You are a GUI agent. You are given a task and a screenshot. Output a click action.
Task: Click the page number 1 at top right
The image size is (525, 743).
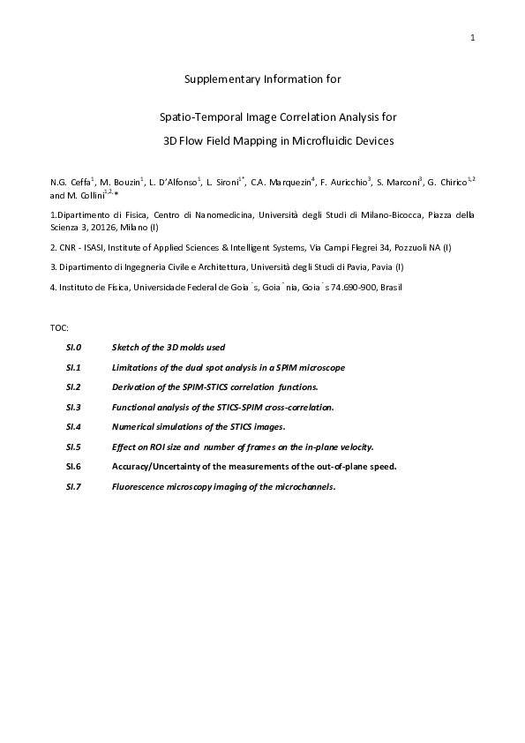point(473,37)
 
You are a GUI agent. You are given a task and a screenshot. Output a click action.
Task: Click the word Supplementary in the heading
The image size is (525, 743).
point(218,79)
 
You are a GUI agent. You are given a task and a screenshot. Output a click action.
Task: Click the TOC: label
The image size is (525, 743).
point(59,328)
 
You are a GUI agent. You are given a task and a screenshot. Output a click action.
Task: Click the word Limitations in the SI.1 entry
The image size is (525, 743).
point(135,367)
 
